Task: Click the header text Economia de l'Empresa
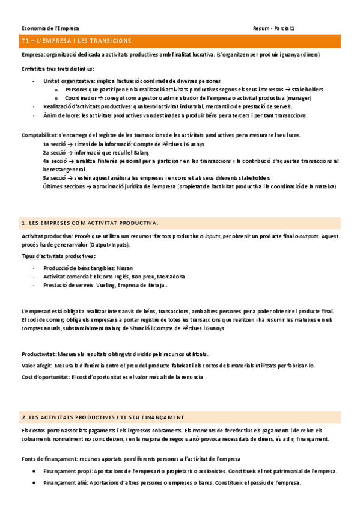click(x=50, y=28)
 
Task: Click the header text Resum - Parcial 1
click(x=273, y=28)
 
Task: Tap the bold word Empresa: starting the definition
click(x=33, y=55)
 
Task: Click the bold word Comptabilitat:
click(x=40, y=135)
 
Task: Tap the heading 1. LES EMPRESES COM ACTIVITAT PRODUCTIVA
click(x=90, y=223)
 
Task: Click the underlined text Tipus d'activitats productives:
click(x=58, y=256)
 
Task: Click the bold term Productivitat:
click(x=40, y=354)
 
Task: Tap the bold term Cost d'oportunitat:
click(x=45, y=377)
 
